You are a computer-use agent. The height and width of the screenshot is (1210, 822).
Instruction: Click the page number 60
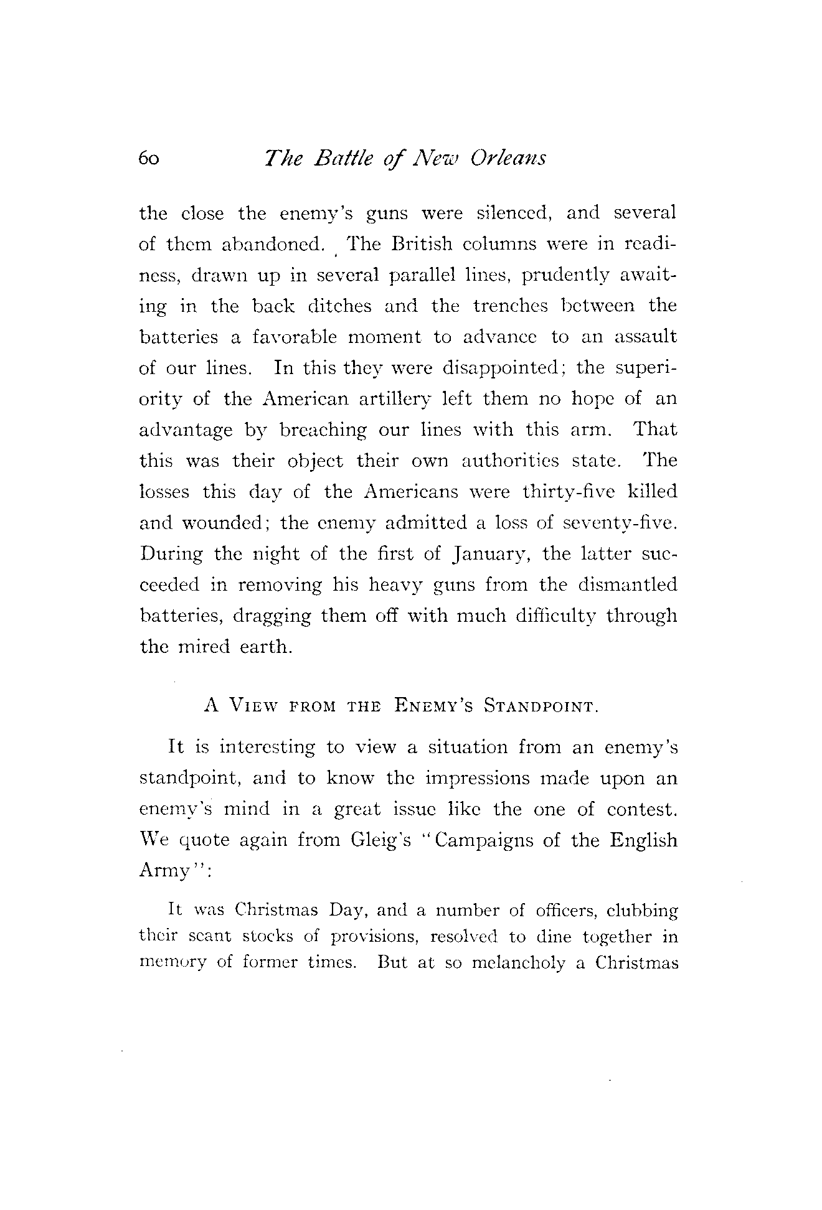click(x=149, y=159)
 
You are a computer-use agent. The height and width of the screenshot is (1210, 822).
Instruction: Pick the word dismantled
click(x=627, y=585)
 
